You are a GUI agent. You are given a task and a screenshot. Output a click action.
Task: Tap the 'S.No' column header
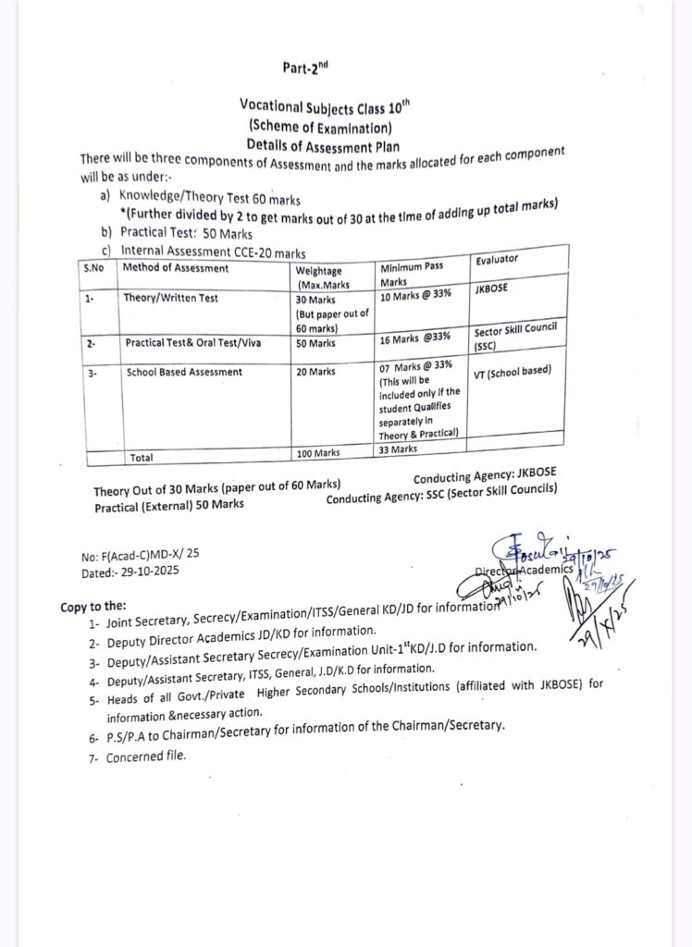click(93, 269)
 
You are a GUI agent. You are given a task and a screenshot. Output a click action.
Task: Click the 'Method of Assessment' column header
click(176, 269)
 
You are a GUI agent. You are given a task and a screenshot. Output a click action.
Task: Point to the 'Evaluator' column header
click(497, 260)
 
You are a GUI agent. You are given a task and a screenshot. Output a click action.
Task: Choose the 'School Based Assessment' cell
click(183, 372)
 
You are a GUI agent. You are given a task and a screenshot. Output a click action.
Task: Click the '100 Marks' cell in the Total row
click(319, 453)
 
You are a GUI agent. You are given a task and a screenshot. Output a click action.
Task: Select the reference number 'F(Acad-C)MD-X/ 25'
click(154, 557)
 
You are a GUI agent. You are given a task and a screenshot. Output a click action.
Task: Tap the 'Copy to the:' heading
click(93, 607)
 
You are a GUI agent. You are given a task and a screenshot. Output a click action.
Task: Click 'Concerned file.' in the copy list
click(145, 756)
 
